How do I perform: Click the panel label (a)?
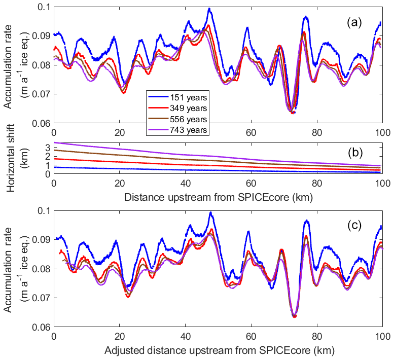[x=355, y=22]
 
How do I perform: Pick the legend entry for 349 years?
[x=177, y=108]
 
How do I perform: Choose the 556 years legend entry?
[x=177, y=119]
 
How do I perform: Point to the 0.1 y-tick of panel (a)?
[x=44, y=7]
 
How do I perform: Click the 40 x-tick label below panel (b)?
[x=185, y=181]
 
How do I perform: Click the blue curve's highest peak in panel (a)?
[x=209, y=9]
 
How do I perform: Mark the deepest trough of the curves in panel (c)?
[x=294, y=316]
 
